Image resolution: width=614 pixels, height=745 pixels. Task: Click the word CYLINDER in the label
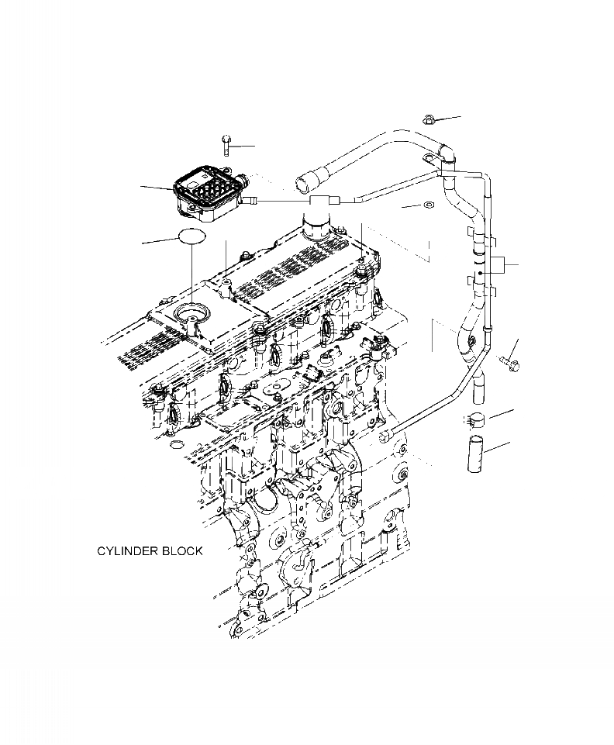point(127,551)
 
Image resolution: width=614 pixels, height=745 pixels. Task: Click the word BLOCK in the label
point(182,551)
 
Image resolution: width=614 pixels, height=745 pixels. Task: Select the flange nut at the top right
point(428,119)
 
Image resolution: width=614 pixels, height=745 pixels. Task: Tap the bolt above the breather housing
point(225,143)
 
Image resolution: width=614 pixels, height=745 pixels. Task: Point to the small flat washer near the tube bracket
point(426,206)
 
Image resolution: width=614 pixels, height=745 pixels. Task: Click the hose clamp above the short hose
point(475,421)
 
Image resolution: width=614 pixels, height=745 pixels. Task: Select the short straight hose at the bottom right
point(475,455)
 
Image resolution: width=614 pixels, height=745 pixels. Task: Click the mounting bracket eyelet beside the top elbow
point(427,158)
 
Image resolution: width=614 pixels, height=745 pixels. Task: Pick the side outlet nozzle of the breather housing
point(251,201)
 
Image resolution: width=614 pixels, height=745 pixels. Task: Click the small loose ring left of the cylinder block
point(177,445)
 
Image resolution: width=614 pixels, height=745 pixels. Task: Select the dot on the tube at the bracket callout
point(480,273)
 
